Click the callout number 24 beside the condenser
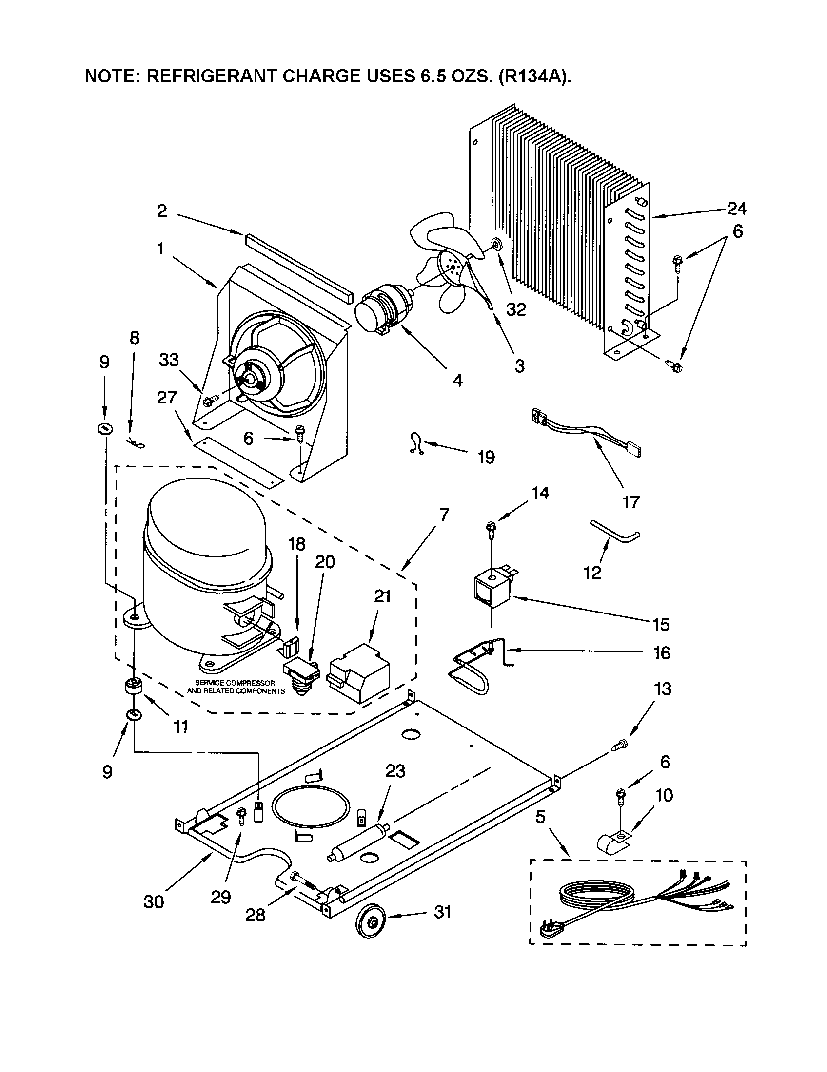(x=736, y=209)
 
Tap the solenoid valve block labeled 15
(x=492, y=587)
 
